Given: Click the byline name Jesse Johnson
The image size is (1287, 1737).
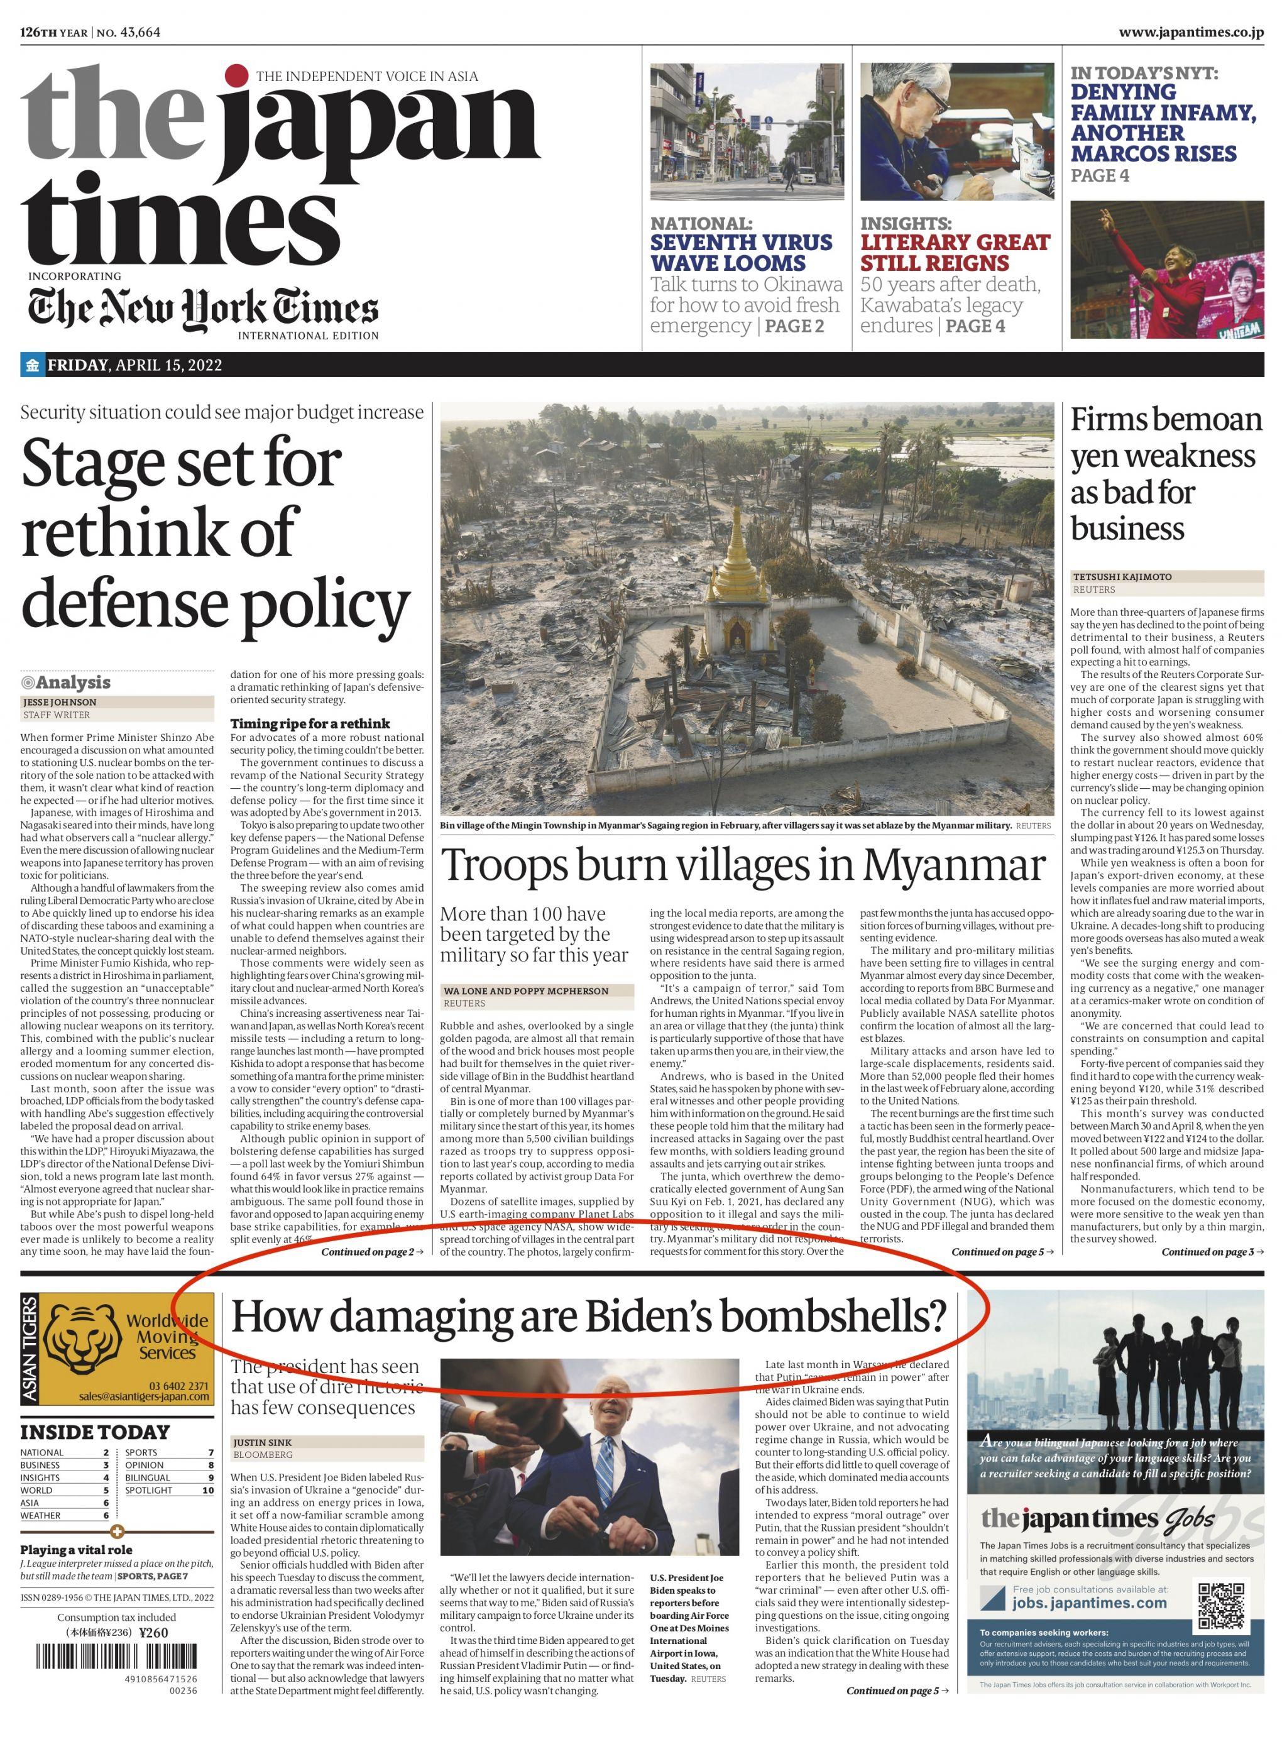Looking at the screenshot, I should click(x=59, y=702).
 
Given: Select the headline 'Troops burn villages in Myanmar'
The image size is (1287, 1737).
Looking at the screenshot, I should click(x=743, y=865).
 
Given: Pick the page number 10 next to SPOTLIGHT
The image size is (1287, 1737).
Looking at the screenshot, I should click(x=208, y=1490).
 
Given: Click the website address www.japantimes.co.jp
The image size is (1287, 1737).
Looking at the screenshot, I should click(x=1190, y=33).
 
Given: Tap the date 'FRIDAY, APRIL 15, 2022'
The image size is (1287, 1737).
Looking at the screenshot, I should click(x=134, y=365).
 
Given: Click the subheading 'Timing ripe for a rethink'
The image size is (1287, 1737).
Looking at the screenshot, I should click(x=310, y=723).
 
